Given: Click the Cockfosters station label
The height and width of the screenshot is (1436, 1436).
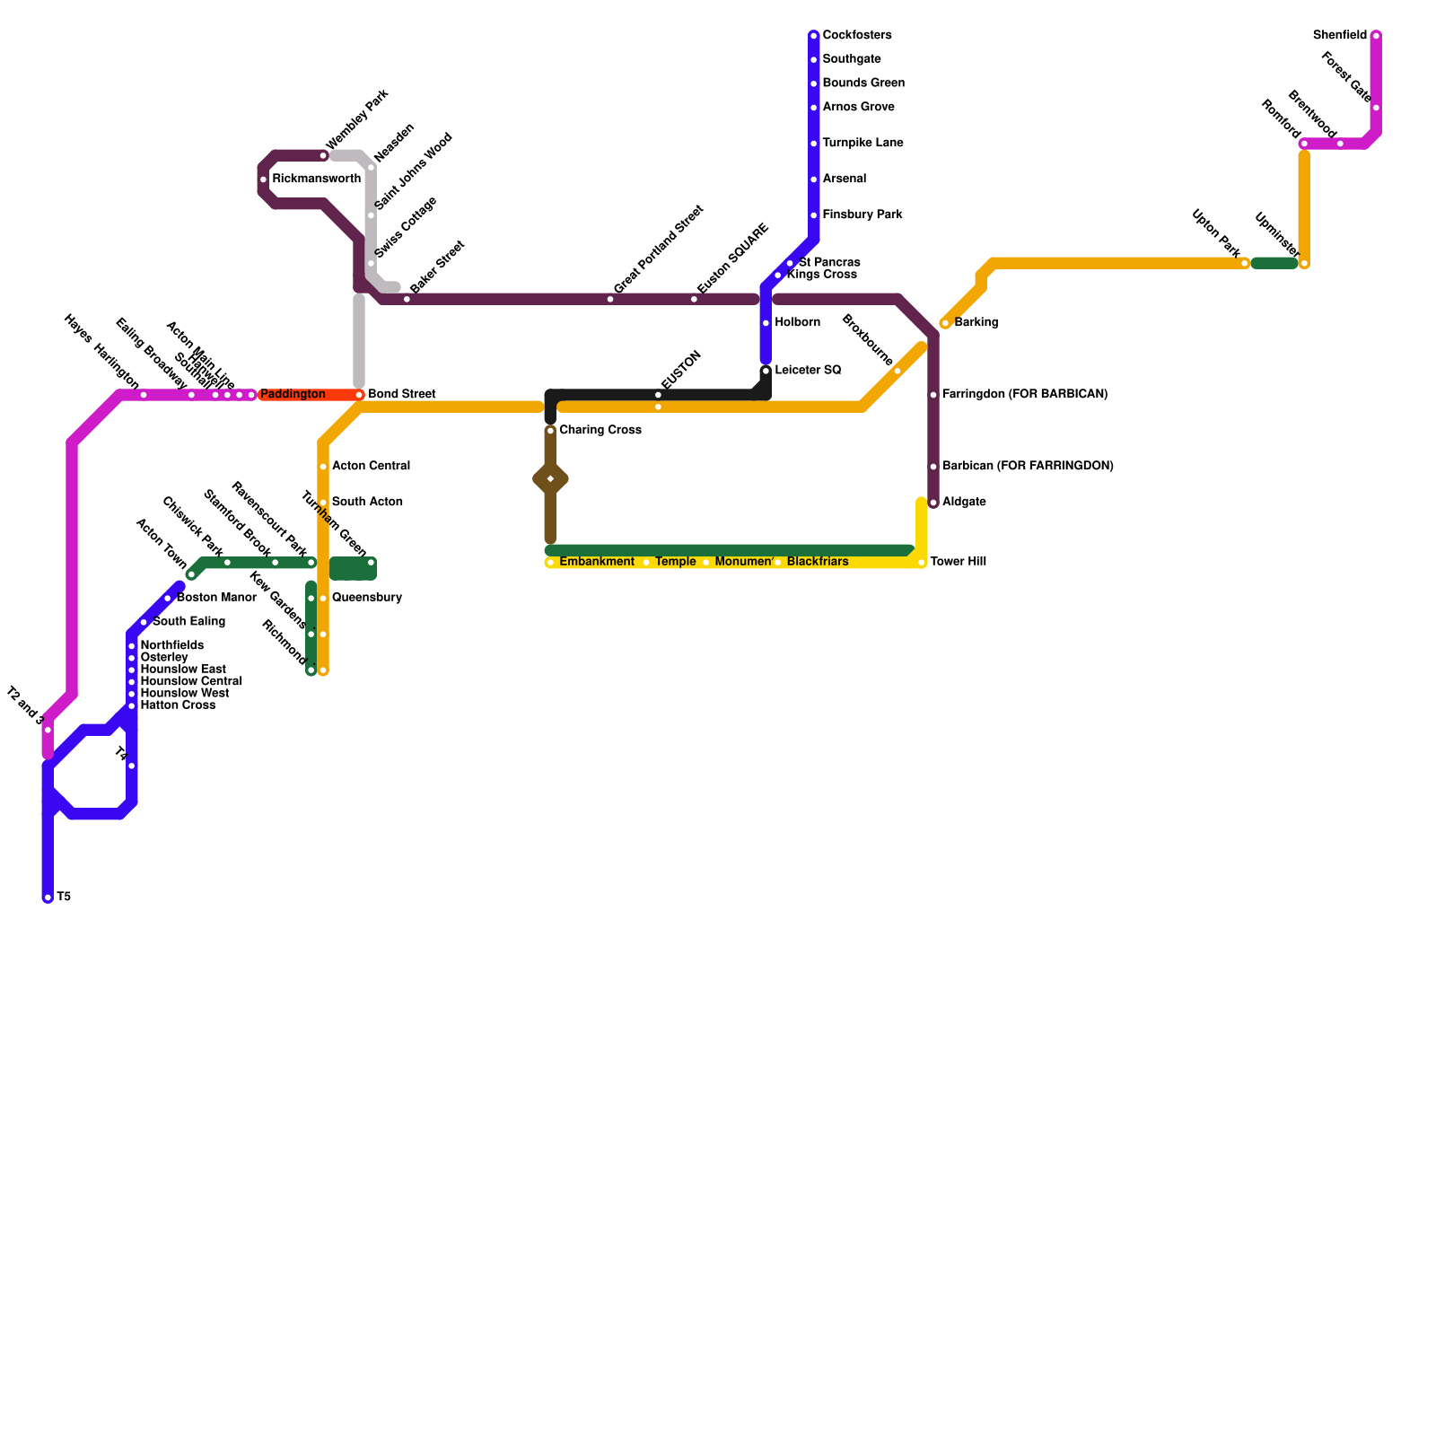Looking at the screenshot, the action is (856, 36).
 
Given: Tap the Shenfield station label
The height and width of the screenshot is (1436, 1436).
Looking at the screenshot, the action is (1339, 36).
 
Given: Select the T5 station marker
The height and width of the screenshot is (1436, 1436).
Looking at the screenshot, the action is (48, 897).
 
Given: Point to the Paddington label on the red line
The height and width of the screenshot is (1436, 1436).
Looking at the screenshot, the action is (293, 395).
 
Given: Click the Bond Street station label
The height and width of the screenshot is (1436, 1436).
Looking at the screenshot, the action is (401, 395).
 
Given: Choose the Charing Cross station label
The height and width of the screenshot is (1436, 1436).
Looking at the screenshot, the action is (600, 431).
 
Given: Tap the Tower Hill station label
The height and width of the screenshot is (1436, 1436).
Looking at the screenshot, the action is (958, 562).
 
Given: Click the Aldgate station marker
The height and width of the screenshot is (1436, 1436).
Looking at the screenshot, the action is (933, 503).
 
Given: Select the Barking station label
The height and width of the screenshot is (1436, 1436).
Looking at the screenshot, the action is (976, 323).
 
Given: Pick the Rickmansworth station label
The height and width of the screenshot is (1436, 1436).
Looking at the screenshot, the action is (316, 179).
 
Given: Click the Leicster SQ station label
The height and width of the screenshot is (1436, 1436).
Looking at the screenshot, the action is (808, 371).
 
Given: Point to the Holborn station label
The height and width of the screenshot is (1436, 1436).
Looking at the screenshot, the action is (797, 323).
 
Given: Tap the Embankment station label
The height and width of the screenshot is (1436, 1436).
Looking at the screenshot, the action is (596, 562).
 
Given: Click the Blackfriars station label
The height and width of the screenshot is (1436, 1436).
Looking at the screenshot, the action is (817, 562).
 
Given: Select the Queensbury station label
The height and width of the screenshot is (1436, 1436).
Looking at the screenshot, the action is (366, 598).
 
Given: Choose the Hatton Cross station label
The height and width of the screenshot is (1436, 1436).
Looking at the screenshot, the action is (178, 705).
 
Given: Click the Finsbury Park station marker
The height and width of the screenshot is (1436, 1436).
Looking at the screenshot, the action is (814, 215).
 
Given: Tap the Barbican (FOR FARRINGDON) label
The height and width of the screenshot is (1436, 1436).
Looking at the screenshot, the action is (1028, 467).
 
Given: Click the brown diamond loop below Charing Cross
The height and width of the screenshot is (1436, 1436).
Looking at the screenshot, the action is (550, 480).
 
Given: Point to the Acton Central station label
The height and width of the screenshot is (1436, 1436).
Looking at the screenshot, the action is (371, 467).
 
